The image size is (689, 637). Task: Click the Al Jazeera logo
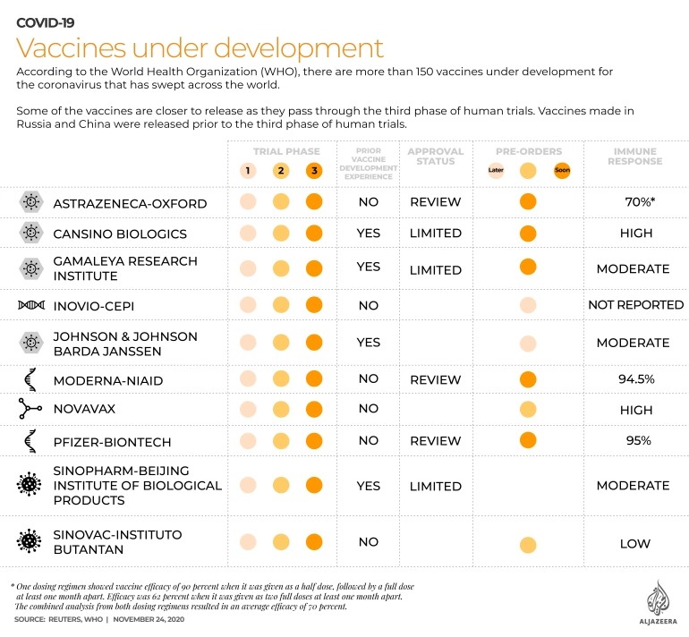[658, 602]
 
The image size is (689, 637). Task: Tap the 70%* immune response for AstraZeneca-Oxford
[640, 201]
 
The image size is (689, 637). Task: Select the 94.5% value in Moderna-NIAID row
[636, 378]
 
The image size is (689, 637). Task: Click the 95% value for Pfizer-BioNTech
[639, 440]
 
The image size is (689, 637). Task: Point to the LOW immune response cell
[635, 543]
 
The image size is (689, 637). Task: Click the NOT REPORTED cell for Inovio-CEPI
[636, 304]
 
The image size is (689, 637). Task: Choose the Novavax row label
[84, 409]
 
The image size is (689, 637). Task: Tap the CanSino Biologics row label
[120, 234]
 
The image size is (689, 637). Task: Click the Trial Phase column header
[286, 151]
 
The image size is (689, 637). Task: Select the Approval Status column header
[436, 157]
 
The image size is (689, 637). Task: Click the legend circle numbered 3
[314, 171]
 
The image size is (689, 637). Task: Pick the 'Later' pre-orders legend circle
[496, 170]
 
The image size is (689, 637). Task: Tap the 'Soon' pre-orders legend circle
[562, 170]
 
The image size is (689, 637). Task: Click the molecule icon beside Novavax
[30, 409]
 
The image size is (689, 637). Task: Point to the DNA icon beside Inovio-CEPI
[31, 305]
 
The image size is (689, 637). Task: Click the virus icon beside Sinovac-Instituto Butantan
[29, 540]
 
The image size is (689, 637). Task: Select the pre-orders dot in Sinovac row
[528, 545]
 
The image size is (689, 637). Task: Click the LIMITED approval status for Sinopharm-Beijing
[436, 486]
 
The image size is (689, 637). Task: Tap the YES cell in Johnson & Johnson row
[369, 343]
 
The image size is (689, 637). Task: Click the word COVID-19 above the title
[46, 22]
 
